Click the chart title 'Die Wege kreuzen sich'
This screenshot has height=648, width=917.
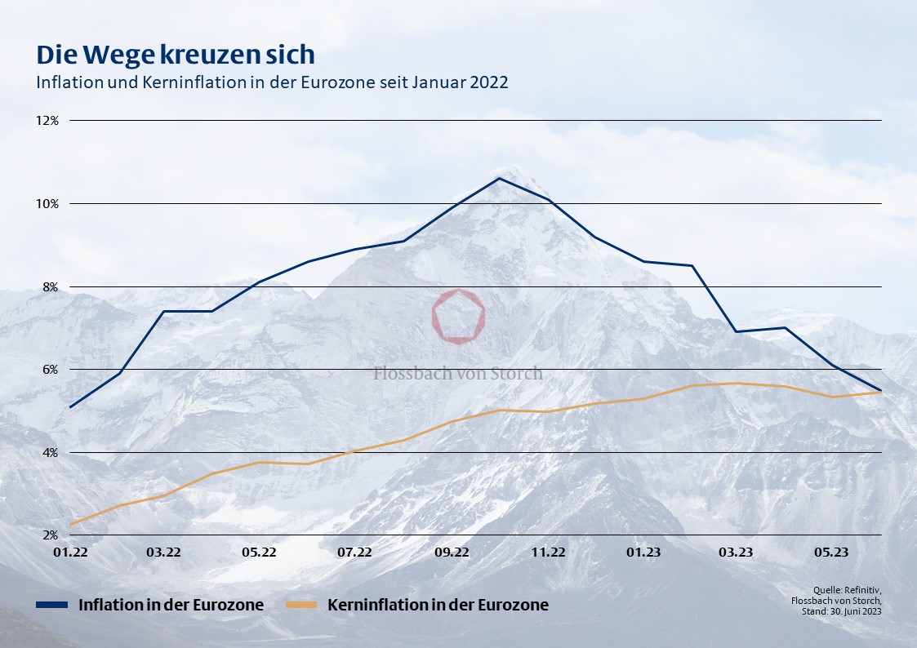pos(175,55)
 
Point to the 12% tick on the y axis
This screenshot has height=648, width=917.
pos(47,120)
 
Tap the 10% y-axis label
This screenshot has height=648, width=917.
pos(47,203)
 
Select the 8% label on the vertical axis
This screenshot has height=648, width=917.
pos(49,286)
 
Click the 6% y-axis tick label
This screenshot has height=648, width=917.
pos(49,369)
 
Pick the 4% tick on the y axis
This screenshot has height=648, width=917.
pos(49,452)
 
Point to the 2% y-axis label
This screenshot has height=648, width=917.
pos(49,535)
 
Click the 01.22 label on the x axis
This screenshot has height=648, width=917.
pos(70,553)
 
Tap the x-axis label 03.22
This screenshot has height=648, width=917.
pos(163,553)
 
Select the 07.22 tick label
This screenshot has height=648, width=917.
pos(354,553)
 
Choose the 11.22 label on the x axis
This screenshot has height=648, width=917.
pos(548,553)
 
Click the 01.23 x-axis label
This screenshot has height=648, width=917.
pos(643,553)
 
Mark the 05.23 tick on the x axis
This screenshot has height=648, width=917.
pos(831,553)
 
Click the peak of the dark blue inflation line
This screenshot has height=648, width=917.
pos(499,178)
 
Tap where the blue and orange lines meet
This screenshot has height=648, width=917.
pos(880,392)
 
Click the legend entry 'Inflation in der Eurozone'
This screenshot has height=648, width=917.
pos(171,605)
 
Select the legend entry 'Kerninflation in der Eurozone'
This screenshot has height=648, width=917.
pos(438,605)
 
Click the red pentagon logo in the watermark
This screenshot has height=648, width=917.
pos(458,316)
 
